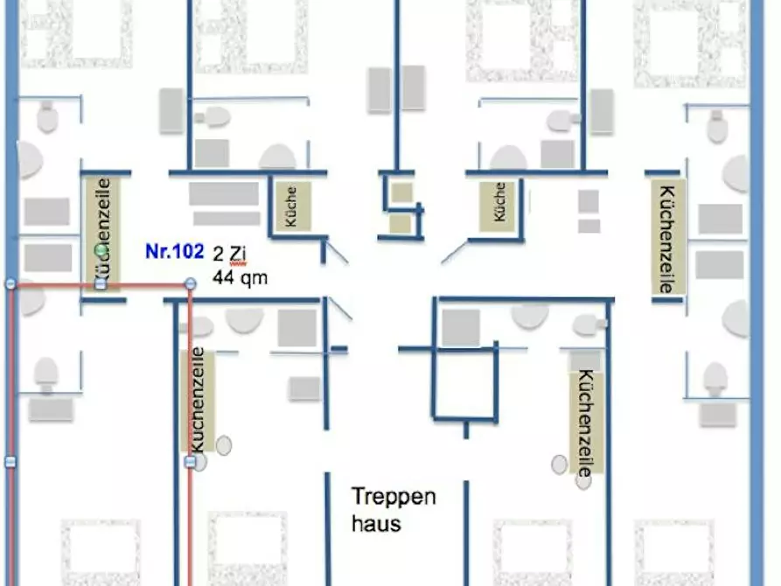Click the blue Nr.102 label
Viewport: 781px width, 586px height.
pos(174,251)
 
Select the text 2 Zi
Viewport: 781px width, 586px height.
pos(229,255)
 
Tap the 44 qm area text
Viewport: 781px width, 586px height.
pos(241,277)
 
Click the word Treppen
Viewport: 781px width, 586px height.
pos(394,497)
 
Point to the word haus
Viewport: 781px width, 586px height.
pos(376,523)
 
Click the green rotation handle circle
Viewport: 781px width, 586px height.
pos(101,249)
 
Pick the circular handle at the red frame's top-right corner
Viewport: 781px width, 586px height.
pos(191,284)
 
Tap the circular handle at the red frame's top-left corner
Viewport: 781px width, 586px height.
pos(11,284)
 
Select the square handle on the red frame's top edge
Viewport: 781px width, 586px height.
pos(101,284)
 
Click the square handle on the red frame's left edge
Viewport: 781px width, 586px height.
pos(11,462)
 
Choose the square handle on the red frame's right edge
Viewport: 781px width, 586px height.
pos(191,462)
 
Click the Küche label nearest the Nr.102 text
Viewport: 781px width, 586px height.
pos(291,206)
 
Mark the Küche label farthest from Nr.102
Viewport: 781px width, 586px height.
pos(499,202)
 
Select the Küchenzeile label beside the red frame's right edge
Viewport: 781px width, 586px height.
pos(198,400)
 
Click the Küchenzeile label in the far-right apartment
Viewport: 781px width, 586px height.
pos(666,239)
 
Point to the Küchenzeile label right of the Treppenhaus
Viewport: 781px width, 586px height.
pos(586,423)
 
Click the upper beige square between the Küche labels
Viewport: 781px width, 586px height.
pos(401,192)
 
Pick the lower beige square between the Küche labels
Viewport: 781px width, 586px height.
pos(400,224)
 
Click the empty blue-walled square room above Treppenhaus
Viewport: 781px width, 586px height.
pos(464,384)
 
